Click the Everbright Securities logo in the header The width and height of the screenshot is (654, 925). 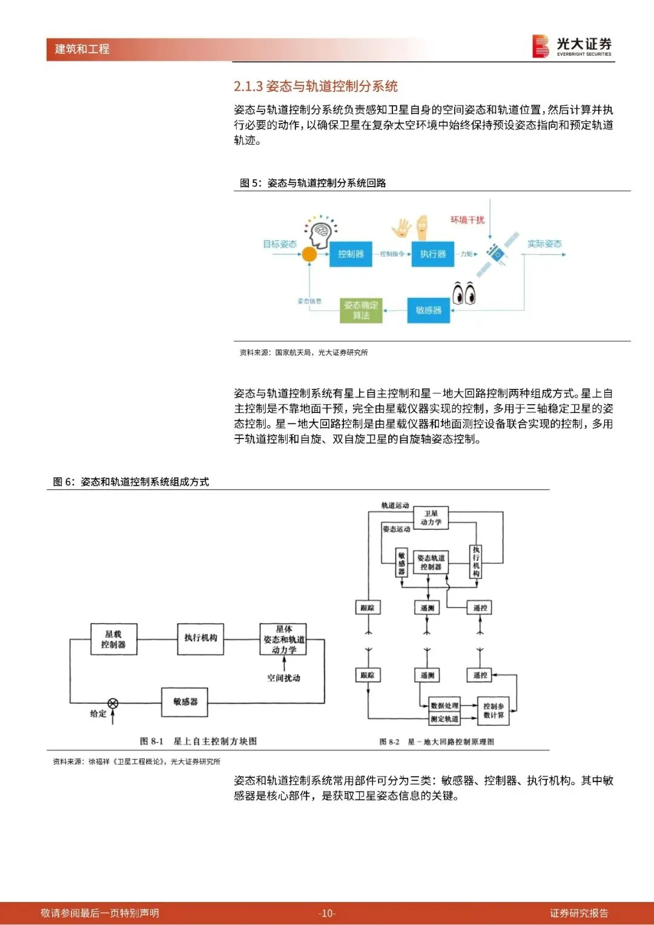[x=572, y=47]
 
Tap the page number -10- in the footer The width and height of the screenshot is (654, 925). [x=326, y=913]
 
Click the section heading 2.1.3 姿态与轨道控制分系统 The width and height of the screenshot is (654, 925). [x=315, y=86]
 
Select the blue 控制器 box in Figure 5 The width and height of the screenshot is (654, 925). [x=351, y=254]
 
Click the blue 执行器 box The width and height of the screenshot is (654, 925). [x=432, y=254]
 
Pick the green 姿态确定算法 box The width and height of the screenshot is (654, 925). [x=361, y=310]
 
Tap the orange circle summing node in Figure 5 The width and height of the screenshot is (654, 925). [x=309, y=254]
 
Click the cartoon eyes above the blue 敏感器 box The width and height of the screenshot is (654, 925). [x=464, y=294]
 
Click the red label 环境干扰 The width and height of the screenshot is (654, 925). [x=467, y=220]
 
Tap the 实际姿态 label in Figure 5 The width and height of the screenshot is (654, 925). [x=544, y=244]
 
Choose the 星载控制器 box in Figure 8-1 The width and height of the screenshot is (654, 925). [x=113, y=639]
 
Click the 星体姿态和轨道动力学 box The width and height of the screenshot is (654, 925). [x=283, y=639]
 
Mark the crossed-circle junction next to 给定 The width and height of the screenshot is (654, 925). [x=113, y=703]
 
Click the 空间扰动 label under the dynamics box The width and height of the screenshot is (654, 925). [x=283, y=678]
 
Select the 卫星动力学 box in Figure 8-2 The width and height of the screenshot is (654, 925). [x=431, y=518]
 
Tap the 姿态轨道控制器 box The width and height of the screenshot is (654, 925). [x=431, y=563]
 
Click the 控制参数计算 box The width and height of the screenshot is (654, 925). [x=494, y=711]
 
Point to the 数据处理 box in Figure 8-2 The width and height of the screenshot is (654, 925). [x=444, y=706]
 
